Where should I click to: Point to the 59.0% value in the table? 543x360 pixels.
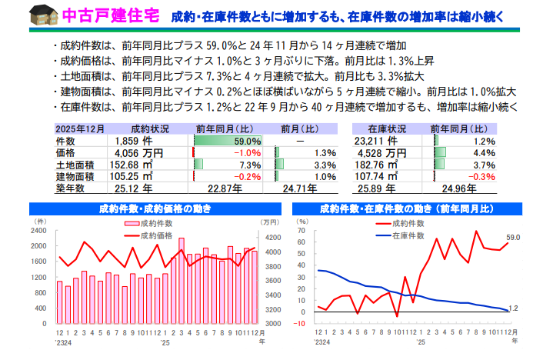[x=248, y=142]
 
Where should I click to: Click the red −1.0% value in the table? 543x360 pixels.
[x=248, y=153]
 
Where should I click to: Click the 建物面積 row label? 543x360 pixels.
[x=75, y=176]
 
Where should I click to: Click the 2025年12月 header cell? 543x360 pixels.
[x=80, y=129]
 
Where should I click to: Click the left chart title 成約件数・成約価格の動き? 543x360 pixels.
[x=155, y=208]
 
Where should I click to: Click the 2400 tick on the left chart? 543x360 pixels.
[x=40, y=231]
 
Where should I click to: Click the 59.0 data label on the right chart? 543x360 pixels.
[x=514, y=238]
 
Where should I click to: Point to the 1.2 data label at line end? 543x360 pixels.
[x=514, y=308]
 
